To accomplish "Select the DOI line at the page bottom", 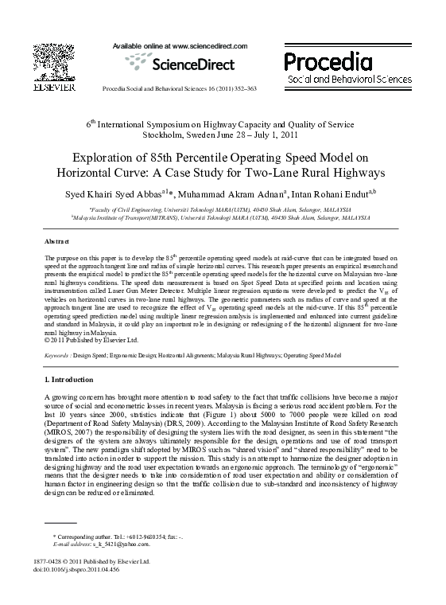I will (83, 570).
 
